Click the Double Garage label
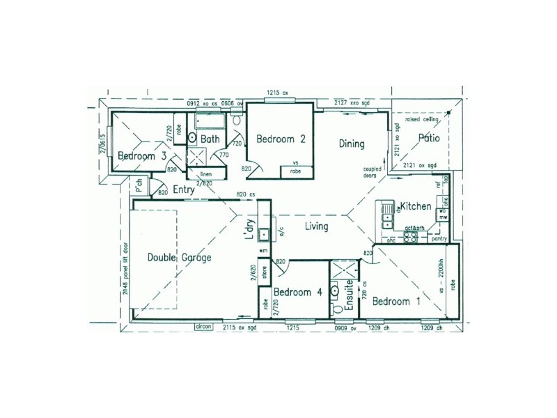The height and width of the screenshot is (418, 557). (179, 257)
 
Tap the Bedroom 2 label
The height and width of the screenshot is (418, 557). (281, 139)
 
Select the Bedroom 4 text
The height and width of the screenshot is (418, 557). (297, 292)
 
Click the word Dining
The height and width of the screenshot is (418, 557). (352, 144)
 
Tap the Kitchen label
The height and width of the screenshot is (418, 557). (416, 207)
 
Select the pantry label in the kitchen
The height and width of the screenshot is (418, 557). (439, 239)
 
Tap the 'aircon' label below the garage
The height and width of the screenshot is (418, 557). (203, 325)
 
